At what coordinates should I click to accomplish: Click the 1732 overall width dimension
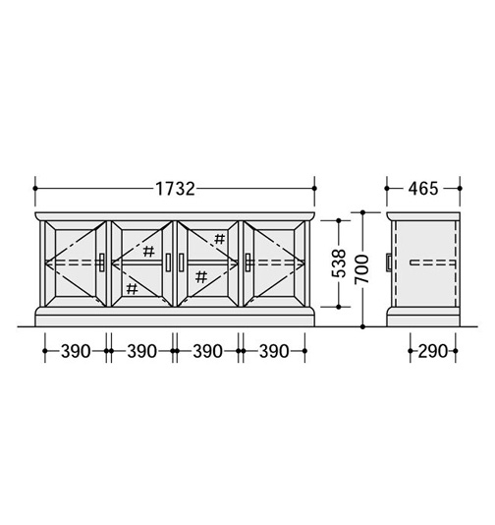coord(175,189)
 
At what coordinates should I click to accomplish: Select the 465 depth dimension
coord(422,189)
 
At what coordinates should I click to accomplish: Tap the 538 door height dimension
coord(339,263)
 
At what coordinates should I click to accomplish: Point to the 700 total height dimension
coord(362,268)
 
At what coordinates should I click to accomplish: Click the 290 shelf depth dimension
coord(432,351)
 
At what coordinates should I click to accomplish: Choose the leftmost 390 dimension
coord(76,351)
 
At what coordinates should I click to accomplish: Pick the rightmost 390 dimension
coord(274,351)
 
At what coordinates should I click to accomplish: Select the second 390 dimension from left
coord(141,351)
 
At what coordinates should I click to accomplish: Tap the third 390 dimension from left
coord(207,351)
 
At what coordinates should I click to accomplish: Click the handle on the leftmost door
coord(102,262)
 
